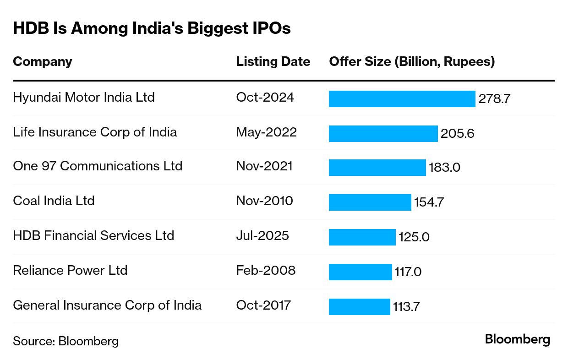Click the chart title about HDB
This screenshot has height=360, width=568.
click(x=152, y=28)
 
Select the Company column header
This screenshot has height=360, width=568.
click(x=42, y=62)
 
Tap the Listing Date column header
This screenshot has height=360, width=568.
click(x=273, y=62)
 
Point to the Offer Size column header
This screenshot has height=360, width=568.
click(x=412, y=62)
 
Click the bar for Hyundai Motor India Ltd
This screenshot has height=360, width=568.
click(x=402, y=99)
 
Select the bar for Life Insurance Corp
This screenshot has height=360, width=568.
click(x=383, y=134)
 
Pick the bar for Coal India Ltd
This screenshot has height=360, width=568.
click(x=370, y=202)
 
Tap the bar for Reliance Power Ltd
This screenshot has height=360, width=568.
click(x=360, y=272)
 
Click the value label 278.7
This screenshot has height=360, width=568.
click(x=494, y=99)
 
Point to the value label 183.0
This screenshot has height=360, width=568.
click(x=444, y=168)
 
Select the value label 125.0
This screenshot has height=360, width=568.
click(x=414, y=237)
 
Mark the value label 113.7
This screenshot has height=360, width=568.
click(x=406, y=306)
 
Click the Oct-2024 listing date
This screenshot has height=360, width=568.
click(x=265, y=98)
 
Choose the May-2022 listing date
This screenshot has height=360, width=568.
click(x=266, y=132)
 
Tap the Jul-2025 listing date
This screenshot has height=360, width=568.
click(x=262, y=236)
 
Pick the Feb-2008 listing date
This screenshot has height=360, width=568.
click(x=266, y=271)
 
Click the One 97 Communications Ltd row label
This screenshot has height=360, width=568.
click(x=98, y=166)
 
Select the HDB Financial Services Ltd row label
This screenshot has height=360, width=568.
click(x=93, y=236)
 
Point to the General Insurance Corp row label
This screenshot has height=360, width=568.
click(x=107, y=305)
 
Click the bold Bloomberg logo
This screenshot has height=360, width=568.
click(x=517, y=340)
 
